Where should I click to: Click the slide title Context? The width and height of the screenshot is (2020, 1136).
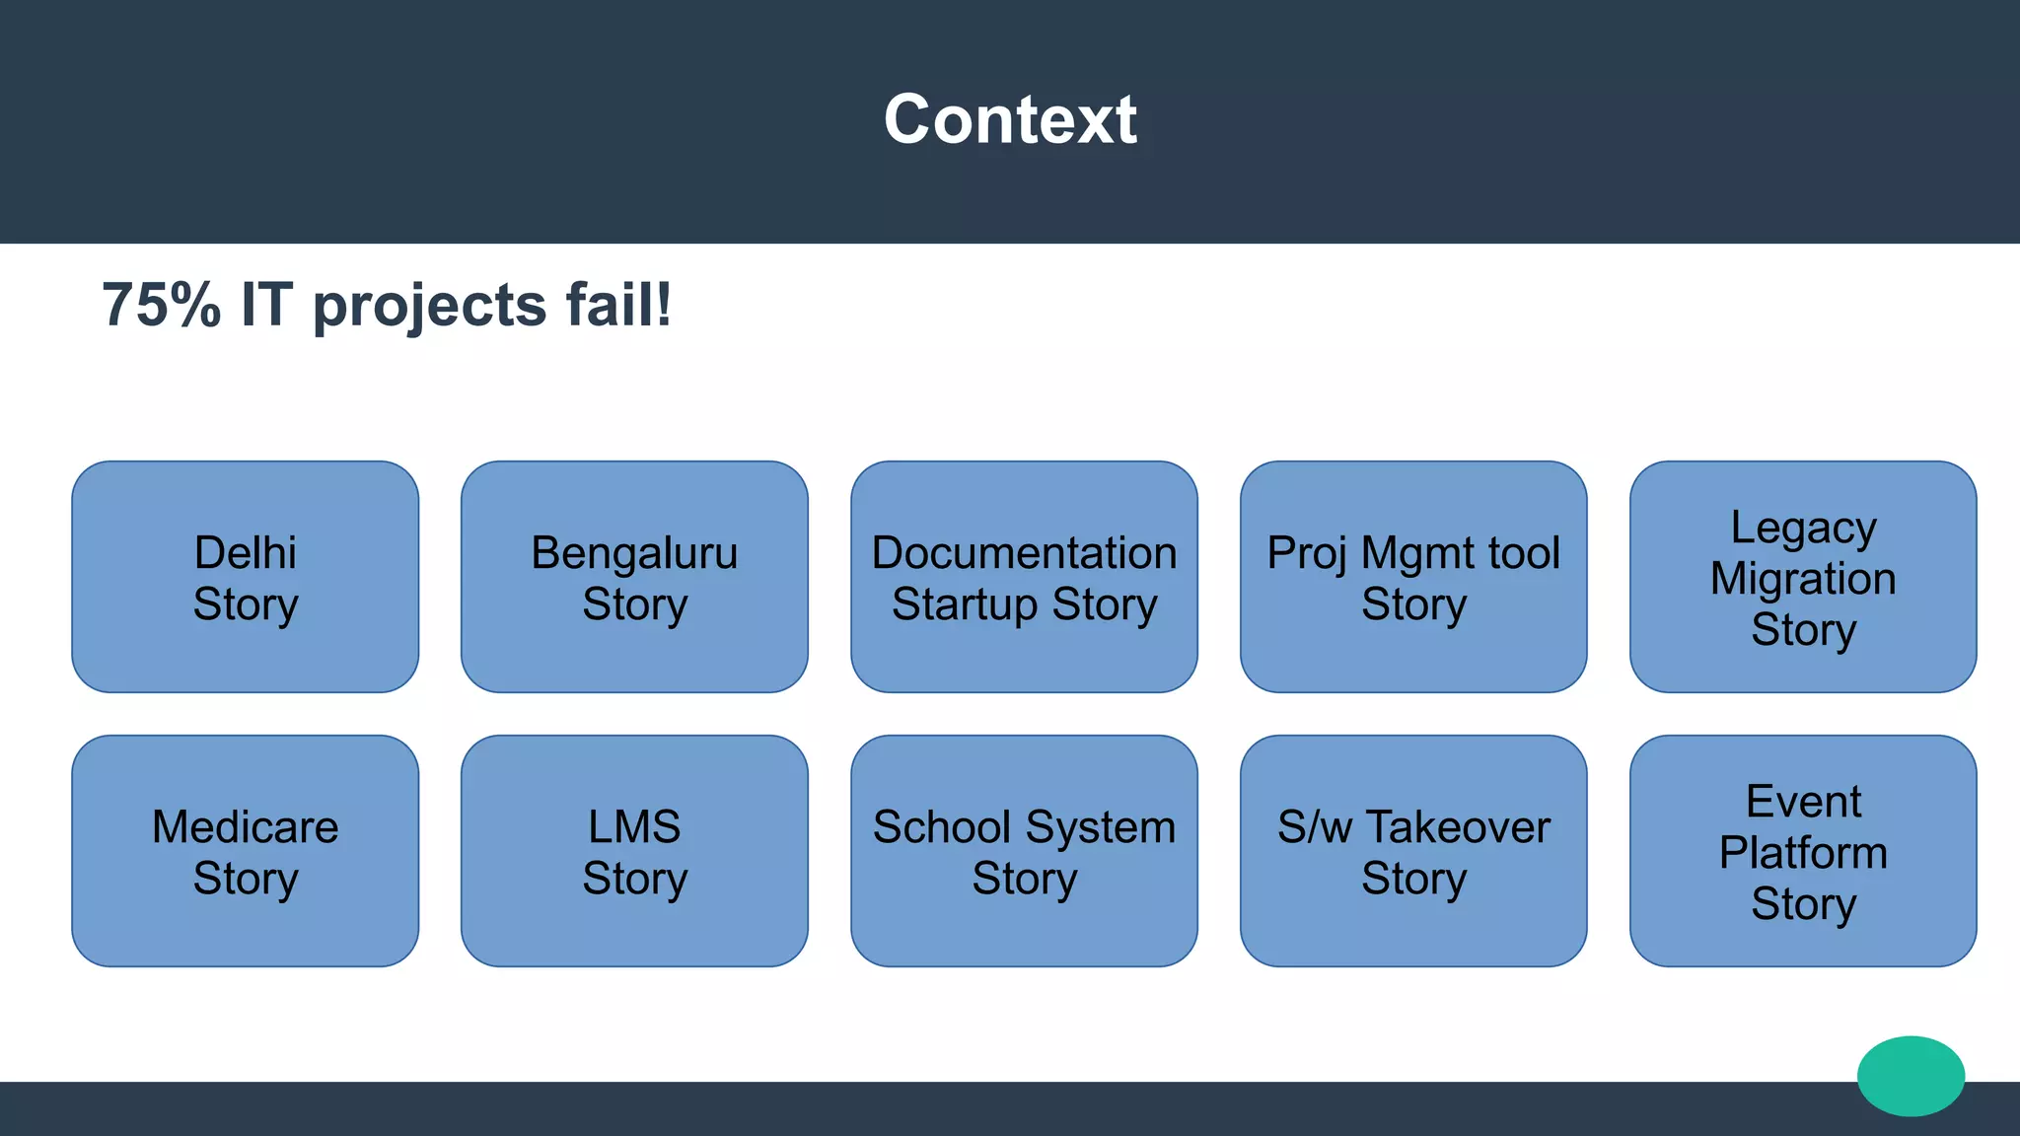pyautogui.click(x=1010, y=119)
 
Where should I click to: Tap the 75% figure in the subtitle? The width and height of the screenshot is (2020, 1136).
pyautogui.click(x=161, y=305)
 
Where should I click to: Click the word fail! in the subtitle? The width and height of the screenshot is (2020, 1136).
pyautogui.click(x=618, y=305)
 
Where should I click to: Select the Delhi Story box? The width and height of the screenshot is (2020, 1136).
pyautogui.click(x=245, y=577)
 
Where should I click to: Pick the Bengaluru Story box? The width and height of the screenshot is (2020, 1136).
pyautogui.click(x=634, y=577)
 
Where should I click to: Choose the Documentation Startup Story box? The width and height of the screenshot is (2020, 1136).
pyautogui.click(x=1024, y=577)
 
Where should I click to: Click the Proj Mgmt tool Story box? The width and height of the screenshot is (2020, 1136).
pyautogui.click(x=1413, y=577)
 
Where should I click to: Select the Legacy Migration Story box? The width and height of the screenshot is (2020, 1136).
pyautogui.click(x=1803, y=577)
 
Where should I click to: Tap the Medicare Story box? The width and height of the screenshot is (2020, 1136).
pyautogui.click(x=245, y=851)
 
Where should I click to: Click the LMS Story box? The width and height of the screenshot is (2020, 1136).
pyautogui.click(x=634, y=851)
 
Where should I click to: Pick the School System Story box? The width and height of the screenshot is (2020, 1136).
pyautogui.click(x=1024, y=851)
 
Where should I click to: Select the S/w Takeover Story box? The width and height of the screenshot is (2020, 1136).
pyautogui.click(x=1413, y=851)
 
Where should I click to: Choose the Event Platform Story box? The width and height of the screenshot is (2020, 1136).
pyautogui.click(x=1803, y=851)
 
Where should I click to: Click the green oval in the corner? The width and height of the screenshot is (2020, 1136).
pyautogui.click(x=1911, y=1076)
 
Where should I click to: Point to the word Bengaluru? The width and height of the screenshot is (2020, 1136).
pyautogui.click(x=634, y=553)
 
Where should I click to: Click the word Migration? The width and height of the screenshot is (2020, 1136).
pyautogui.click(x=1803, y=579)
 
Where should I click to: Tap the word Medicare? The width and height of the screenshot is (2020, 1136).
pyautogui.click(x=245, y=827)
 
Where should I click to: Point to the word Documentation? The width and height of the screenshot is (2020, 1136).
pyautogui.click(x=1024, y=553)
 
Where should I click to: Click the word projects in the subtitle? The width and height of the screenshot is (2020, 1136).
pyautogui.click(x=429, y=307)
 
